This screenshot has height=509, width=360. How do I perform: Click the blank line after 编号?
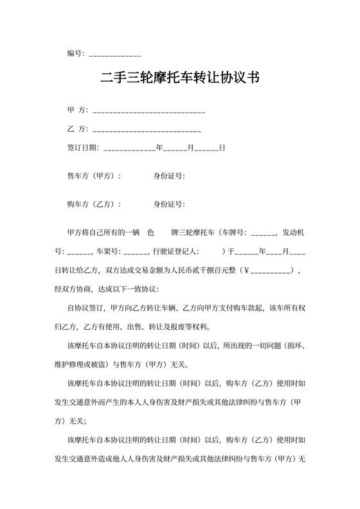coord(115,53)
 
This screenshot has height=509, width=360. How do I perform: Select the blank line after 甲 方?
coord(149,111)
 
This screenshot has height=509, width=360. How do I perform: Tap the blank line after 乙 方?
coord(147,130)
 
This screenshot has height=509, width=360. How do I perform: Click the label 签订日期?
coord(82,148)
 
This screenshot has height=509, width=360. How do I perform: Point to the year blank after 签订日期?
coord(129,148)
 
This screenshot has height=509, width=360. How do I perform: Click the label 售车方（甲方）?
coord(94,176)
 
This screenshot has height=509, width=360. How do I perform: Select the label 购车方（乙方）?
coord(94,204)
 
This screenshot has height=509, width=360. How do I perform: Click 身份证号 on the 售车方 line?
coord(168,176)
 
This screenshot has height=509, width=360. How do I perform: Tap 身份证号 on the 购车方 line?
coord(168,204)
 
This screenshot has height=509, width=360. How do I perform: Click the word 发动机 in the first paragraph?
coord(298,233)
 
